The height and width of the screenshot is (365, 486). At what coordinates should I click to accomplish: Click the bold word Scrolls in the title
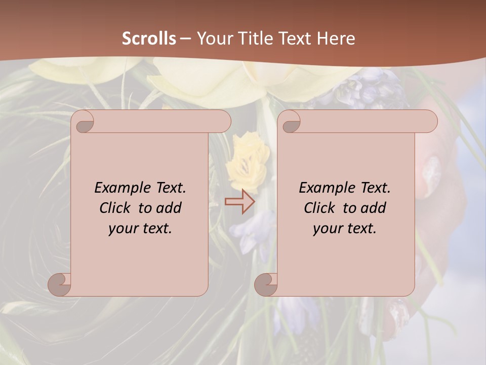point(149,39)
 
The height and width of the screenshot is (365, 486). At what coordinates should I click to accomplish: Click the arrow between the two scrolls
point(239,202)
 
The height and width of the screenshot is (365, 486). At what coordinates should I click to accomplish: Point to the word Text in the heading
point(294,39)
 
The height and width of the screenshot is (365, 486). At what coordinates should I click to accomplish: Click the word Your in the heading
point(214,39)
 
